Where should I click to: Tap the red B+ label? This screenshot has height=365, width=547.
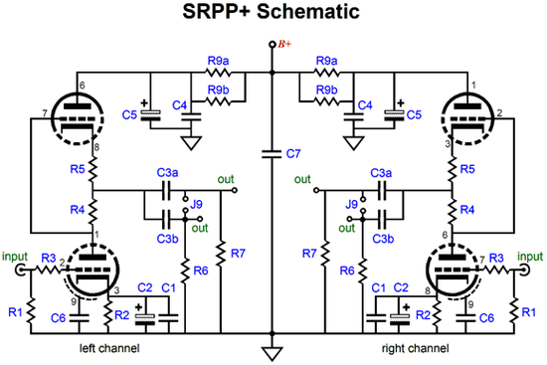pos(285,44)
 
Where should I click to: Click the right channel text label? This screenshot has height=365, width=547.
pos(416,349)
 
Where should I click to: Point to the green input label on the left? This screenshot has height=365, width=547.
pos(17,256)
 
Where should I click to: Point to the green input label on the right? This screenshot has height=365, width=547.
pos(529,256)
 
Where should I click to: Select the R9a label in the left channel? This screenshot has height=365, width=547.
pos(218,62)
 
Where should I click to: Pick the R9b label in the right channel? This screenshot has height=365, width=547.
pos(327,91)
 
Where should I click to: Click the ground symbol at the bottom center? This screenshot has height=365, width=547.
pos(272,351)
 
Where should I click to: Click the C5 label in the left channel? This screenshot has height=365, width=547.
pos(130,116)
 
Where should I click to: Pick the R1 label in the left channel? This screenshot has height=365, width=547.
pos(14,312)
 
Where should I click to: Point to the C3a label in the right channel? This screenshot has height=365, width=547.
pos(379,173)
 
